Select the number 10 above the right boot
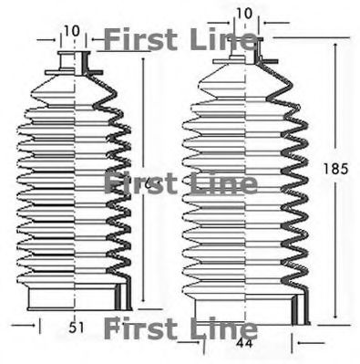point(242,13)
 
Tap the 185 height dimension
point(337,169)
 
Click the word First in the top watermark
point(137,40)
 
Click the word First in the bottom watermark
point(137,328)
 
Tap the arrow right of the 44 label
point(293,341)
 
